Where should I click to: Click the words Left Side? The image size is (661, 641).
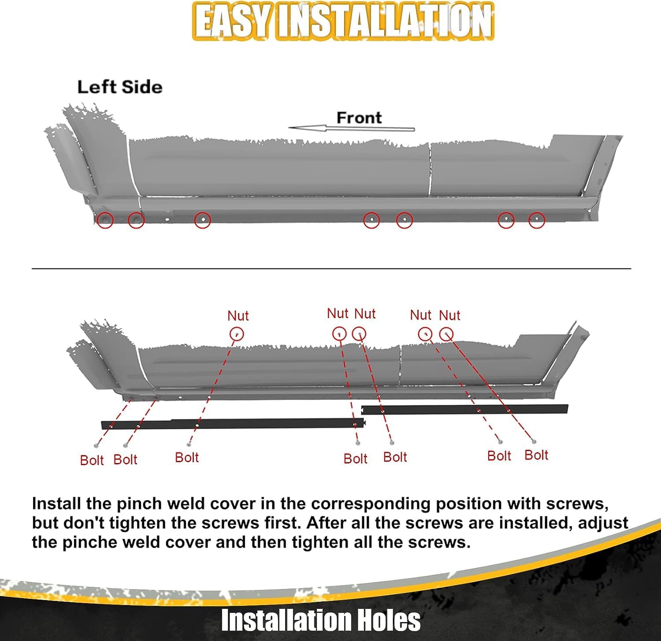pos(120,87)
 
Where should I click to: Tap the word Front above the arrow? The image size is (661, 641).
pos(359,118)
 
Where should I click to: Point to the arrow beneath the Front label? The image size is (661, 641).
pos(352,129)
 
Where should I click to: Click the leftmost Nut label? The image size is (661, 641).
pos(238,315)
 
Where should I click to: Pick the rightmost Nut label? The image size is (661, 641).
pos(449,315)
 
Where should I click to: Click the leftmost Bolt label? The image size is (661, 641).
pos(92,460)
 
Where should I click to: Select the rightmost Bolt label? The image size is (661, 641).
pos(536,455)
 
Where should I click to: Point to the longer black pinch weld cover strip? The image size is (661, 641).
pos(233,424)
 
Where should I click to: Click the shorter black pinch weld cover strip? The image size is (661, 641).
pos(464,410)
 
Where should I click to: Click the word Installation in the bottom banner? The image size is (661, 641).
pos(286,620)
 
